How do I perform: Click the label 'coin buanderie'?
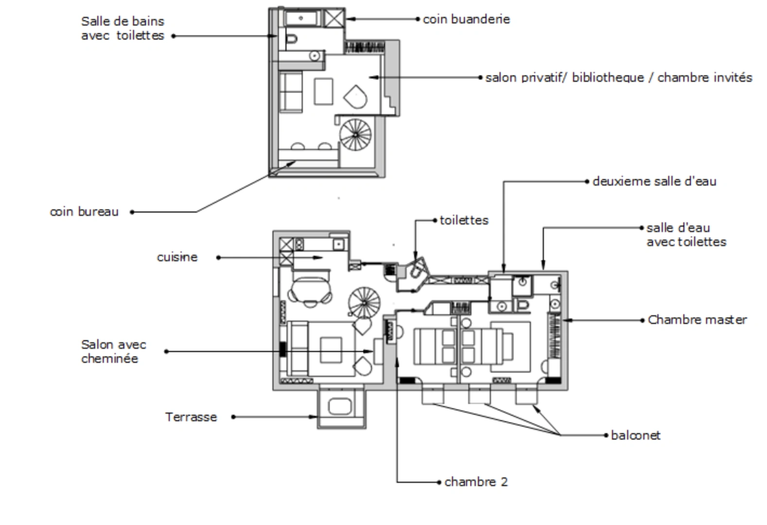click(466, 19)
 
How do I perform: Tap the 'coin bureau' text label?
click(84, 211)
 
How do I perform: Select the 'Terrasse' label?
click(191, 417)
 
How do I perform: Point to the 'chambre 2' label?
click(476, 482)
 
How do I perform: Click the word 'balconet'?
click(635, 435)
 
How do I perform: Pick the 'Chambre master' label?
click(697, 320)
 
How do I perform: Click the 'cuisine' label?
click(177, 257)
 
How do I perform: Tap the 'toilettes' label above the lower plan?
click(464, 220)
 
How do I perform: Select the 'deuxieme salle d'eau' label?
click(654, 181)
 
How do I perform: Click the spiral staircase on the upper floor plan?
click(355, 135)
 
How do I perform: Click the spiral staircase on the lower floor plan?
click(365, 303)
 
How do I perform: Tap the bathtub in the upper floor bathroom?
click(302, 18)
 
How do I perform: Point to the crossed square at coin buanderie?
click(334, 18)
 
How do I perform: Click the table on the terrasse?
click(339, 406)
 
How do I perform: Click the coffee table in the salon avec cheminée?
click(331, 350)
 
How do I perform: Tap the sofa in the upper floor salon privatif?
click(291, 91)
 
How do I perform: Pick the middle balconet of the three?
click(479, 394)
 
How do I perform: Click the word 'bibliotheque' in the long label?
click(608, 78)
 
